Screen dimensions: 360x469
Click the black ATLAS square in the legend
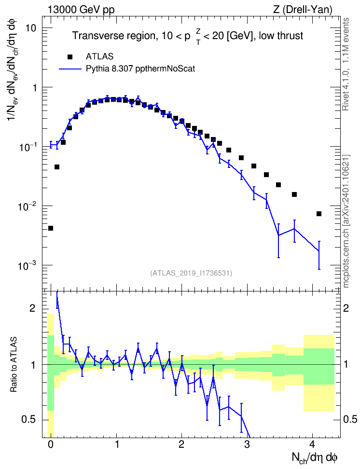[x=70, y=56]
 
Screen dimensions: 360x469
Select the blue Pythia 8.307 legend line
[x=70, y=69]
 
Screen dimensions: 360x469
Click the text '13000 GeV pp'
[x=81, y=10]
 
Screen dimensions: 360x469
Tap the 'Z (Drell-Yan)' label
[x=303, y=10]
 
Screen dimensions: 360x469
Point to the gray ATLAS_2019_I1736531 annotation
[x=191, y=273]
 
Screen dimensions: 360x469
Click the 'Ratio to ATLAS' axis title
[x=14, y=365]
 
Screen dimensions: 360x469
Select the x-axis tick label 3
[x=247, y=444]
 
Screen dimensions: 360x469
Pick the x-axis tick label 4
[x=312, y=444]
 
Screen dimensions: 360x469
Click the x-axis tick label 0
[x=51, y=444]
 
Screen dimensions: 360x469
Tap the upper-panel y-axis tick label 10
[x=30, y=28]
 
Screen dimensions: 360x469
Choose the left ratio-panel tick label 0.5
[x=29, y=420]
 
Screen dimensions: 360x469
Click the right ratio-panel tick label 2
[x=346, y=308]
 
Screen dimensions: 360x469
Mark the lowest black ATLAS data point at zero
[x=51, y=228]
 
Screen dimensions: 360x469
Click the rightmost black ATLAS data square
[x=319, y=214]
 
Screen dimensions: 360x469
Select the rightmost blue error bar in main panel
[x=319, y=255]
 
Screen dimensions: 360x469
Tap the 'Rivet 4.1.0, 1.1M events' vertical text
[x=346, y=64]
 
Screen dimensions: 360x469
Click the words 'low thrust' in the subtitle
[x=281, y=36]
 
